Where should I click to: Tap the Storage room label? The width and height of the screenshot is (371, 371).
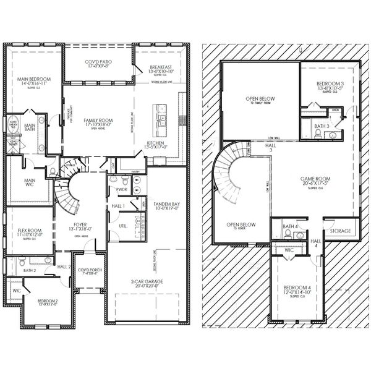click(339, 231)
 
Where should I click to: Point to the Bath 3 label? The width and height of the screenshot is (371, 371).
click(320, 126)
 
